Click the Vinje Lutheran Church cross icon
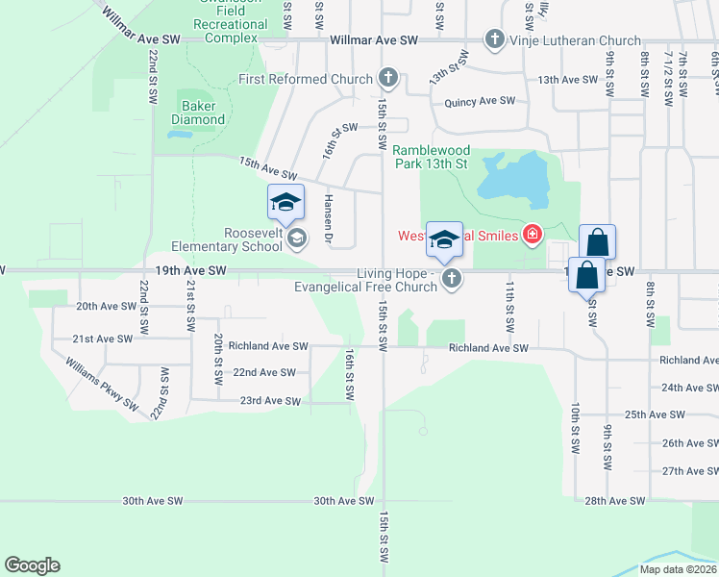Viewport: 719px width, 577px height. coord(494,39)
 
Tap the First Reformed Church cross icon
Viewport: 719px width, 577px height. coord(387,78)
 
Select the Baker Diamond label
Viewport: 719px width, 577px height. coord(198,113)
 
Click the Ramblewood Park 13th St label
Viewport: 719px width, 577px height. coord(430,157)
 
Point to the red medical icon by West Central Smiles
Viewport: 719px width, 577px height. coord(532,235)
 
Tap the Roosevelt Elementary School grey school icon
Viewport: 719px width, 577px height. coord(297,238)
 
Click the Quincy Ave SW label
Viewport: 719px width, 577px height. coord(480,101)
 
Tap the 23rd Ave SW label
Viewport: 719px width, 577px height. coord(270,401)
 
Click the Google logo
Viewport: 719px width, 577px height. coord(32,565)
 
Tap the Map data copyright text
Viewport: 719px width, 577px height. coord(678,569)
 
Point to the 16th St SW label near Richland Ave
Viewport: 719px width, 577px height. coord(349,375)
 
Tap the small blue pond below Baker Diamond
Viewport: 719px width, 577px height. coord(178,134)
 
